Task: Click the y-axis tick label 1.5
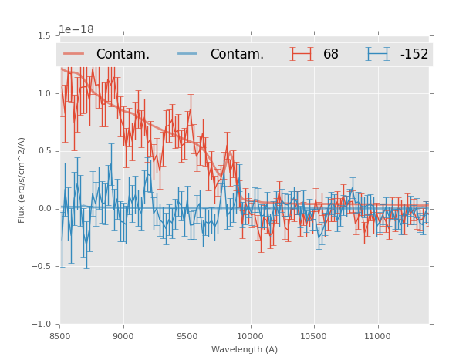(x=44, y=35)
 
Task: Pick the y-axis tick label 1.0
(x=44, y=93)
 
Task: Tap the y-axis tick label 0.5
(x=44, y=151)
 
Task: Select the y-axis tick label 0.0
(x=44, y=209)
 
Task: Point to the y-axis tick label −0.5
(x=41, y=267)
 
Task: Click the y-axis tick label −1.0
(x=41, y=325)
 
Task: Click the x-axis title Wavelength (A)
(x=245, y=350)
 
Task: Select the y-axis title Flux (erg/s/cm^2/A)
(x=22, y=180)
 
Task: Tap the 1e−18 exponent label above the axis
(x=76, y=30)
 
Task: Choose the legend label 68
(x=331, y=55)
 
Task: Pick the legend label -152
(x=414, y=55)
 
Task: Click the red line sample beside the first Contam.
(x=75, y=54)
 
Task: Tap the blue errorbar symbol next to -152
(x=378, y=54)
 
